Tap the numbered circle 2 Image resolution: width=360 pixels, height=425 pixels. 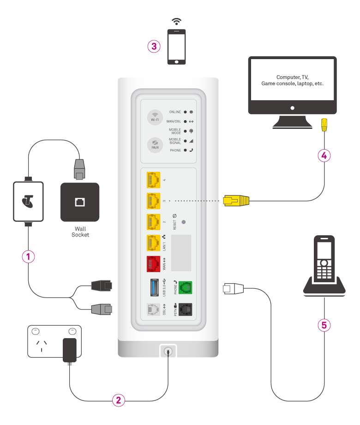pyautogui.click(x=119, y=400)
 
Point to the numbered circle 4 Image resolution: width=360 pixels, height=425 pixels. pyautogui.click(x=324, y=156)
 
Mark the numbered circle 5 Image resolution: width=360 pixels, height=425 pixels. pyautogui.click(x=324, y=325)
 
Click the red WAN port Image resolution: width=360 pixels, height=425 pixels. pyautogui.click(x=153, y=265)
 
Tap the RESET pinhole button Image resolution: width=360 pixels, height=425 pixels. pyautogui.click(x=185, y=222)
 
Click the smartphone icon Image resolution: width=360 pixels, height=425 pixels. pyautogui.click(x=176, y=47)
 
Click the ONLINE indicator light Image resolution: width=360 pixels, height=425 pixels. pyautogui.click(x=185, y=112)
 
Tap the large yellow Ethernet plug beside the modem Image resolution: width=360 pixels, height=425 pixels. pyautogui.click(x=236, y=200)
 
